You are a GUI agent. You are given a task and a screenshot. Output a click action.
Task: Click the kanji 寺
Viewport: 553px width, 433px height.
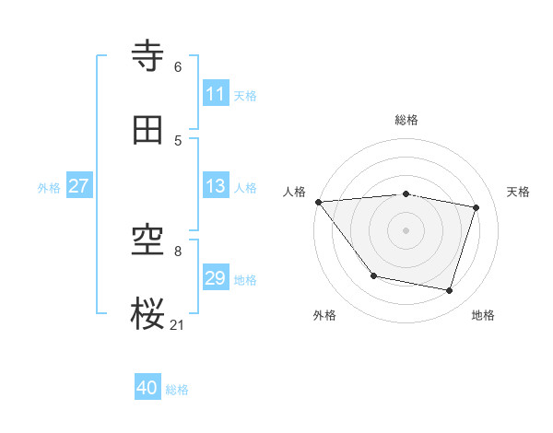coord(149,57)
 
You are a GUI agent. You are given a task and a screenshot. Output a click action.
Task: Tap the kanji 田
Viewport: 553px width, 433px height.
coord(149,130)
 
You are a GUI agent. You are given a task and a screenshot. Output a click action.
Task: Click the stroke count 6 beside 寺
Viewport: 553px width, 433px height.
coord(178,67)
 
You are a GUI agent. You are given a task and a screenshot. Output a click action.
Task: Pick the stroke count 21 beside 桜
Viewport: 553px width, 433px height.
coord(178,324)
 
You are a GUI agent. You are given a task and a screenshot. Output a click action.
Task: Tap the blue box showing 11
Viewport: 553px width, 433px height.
coord(216,94)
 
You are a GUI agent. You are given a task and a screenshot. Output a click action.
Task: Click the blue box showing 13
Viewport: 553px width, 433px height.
coord(216,186)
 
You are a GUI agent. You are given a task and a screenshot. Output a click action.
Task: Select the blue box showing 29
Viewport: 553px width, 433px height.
coord(216,278)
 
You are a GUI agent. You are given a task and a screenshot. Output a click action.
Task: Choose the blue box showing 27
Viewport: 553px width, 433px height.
coord(78,186)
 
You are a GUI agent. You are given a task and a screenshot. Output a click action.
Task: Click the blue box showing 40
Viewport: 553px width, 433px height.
coord(147,388)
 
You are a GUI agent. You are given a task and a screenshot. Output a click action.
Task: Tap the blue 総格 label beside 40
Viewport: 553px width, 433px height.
coord(177,390)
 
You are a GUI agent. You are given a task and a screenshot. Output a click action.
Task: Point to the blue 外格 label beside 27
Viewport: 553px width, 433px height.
coord(49,188)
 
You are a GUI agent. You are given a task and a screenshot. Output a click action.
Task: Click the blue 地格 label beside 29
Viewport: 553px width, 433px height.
coord(245,280)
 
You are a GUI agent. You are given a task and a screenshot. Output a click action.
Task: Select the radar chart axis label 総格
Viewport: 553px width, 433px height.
coord(406,120)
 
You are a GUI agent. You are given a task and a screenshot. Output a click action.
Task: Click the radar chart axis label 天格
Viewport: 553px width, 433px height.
coord(518,192)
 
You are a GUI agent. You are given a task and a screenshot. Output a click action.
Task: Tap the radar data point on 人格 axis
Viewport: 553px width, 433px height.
coord(318,202)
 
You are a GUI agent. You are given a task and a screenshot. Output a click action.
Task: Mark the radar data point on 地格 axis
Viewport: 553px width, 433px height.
coord(450,291)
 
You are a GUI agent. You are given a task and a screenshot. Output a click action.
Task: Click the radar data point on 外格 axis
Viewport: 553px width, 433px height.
coord(373,275)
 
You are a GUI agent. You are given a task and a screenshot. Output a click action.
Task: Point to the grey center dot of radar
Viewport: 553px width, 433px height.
coord(406,230)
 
